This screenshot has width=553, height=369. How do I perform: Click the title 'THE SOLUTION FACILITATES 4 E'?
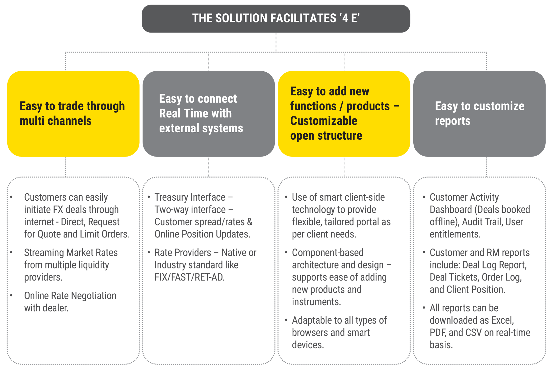click(276, 18)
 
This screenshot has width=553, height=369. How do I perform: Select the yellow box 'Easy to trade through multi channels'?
click(73, 113)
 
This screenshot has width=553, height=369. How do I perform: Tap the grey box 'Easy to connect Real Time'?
click(209, 113)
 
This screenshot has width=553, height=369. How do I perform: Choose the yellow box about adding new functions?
click(344, 113)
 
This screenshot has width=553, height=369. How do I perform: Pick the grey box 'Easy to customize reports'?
click(479, 113)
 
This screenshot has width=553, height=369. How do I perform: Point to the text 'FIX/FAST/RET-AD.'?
click(189, 277)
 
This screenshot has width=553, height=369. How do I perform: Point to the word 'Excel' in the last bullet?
click(502, 320)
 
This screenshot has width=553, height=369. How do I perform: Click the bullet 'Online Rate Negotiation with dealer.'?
click(70, 302)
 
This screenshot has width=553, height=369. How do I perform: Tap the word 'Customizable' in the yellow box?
click(324, 121)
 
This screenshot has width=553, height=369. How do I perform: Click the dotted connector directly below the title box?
click(276, 42)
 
